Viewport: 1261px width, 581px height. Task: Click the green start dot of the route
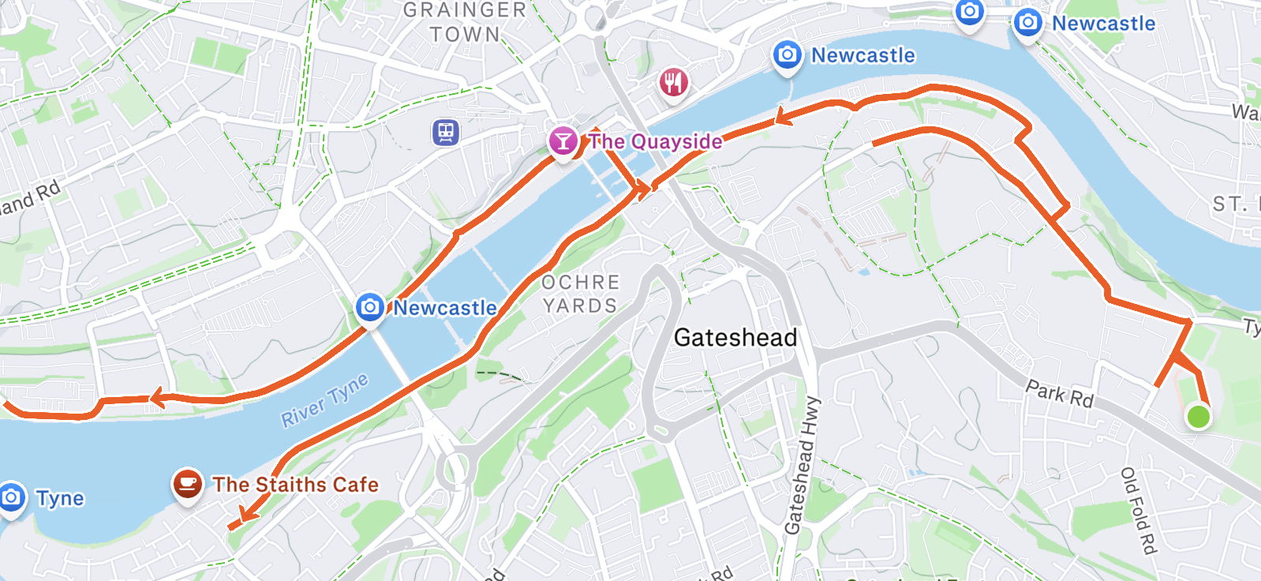[1198, 416]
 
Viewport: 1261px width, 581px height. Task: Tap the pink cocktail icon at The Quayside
[563, 142]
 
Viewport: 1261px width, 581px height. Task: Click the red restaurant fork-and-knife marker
[673, 81]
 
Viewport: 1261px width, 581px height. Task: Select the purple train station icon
[446, 132]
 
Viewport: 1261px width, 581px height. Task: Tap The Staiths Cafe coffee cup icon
[187, 483]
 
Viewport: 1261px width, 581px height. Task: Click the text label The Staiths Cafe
[295, 485]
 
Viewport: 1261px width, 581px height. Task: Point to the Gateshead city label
[735, 338]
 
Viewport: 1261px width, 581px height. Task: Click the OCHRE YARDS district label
[581, 294]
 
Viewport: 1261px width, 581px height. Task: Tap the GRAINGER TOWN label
[465, 22]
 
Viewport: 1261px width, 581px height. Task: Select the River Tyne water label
[325, 400]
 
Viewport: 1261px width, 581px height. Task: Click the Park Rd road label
[1060, 393]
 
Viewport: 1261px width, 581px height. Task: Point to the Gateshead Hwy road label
[803, 466]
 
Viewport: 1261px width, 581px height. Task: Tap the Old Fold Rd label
[1139, 510]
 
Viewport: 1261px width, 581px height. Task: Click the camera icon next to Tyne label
[11, 497]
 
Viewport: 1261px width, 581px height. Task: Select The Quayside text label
[656, 142]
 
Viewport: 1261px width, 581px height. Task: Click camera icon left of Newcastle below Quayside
[370, 307]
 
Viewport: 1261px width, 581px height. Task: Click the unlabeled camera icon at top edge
[969, 12]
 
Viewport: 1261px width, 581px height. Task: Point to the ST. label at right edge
[1230, 205]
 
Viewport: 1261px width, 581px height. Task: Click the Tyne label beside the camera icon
[60, 499]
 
